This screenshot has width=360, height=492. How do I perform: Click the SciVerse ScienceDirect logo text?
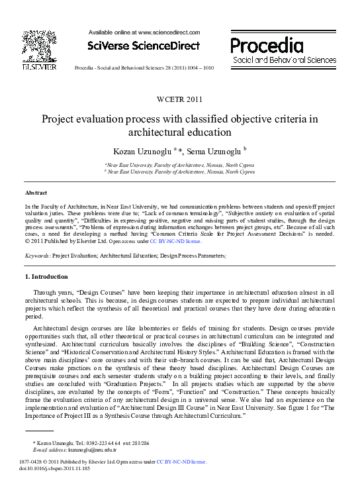pos(144,46)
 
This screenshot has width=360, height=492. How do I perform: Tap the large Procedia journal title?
pos(267,45)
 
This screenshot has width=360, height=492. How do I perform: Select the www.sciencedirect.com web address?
pos(168,32)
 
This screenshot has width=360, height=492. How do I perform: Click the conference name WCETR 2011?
pos(179,100)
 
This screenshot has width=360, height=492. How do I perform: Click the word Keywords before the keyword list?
pos(37,255)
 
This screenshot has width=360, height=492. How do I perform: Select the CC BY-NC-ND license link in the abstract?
pos(175,242)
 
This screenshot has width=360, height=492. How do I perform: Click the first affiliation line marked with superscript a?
pos(179,166)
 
